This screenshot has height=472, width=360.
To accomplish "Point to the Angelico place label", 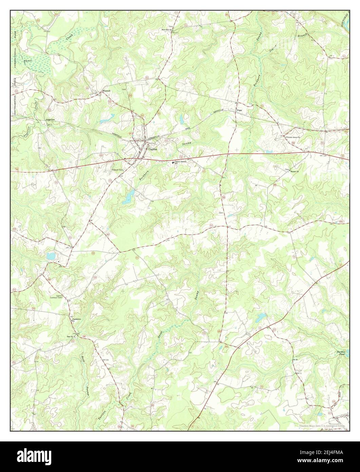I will (51, 120).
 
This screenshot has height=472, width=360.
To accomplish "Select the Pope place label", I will (240, 110).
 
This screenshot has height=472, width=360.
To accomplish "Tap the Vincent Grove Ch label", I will (293, 138).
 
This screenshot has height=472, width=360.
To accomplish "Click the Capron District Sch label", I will (181, 163).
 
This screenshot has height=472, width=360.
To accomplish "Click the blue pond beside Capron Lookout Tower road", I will (50, 256).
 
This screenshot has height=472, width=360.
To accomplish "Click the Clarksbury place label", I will (75, 319).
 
